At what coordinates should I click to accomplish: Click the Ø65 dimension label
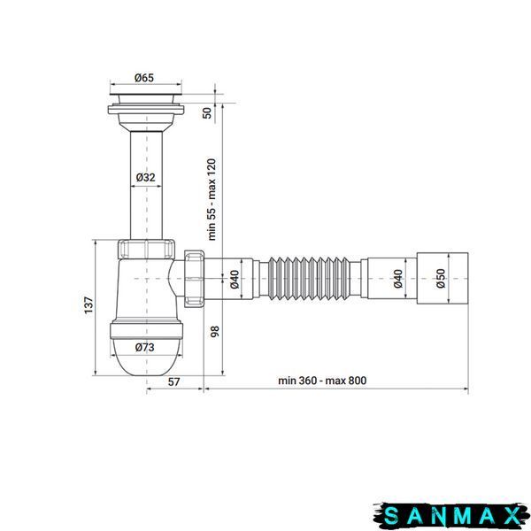(144, 78)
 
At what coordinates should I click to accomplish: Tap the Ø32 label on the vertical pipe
(146, 177)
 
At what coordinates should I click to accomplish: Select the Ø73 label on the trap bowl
(144, 347)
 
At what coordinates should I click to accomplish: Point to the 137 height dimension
(88, 305)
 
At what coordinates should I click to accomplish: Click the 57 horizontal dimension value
(173, 382)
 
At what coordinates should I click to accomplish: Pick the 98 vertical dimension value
(215, 331)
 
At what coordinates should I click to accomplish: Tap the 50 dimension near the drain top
(207, 112)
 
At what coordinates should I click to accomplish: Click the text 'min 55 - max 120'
(212, 199)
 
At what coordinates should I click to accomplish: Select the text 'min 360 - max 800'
(322, 381)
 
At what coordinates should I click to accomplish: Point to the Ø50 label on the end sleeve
(441, 279)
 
